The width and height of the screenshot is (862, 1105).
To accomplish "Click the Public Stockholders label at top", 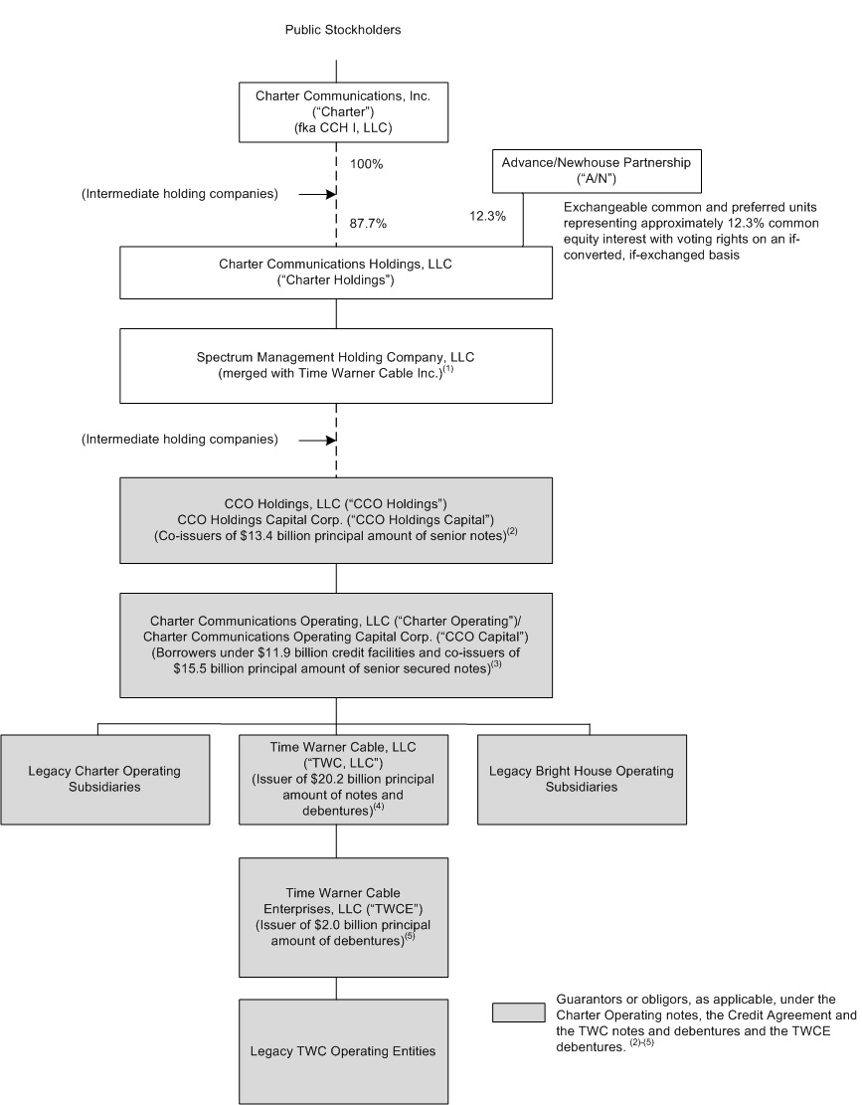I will coord(342,30).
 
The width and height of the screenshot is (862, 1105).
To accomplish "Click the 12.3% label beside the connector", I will coord(487,214).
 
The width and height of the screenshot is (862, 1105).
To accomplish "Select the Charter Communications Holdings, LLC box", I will coord(336,273).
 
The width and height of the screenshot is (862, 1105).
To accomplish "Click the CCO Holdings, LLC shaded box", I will coord(336,521).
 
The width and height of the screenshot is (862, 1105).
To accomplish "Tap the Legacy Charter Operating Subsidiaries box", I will coord(105,779).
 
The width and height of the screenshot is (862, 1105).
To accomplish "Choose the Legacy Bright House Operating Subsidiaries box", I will coord(590,779).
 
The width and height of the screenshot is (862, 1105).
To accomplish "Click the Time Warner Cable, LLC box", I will coord(336,779).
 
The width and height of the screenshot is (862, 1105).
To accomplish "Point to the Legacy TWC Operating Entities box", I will coord(336,1050).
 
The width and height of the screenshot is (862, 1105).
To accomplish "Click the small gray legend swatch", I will coord(519,1013).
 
